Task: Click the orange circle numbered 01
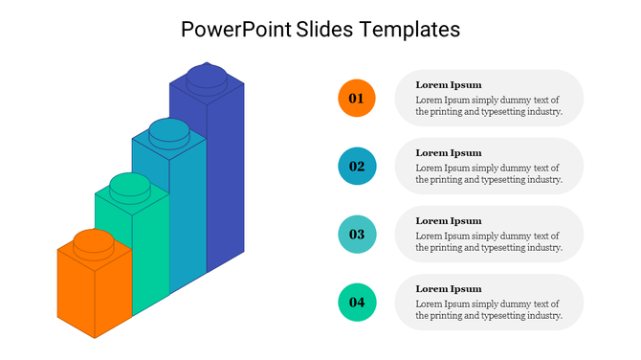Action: tap(357, 99)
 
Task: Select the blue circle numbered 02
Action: tap(357, 167)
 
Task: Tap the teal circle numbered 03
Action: tap(357, 235)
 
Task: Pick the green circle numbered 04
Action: tap(357, 303)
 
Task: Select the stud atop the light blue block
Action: tap(168, 129)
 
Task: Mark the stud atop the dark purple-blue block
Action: tap(206, 75)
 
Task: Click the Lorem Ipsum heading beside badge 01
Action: tap(448, 85)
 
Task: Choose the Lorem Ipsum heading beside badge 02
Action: tap(448, 153)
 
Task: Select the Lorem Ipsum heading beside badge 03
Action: tap(448, 221)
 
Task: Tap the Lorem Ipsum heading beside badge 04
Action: tap(448, 289)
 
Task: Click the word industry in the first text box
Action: tap(540, 112)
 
